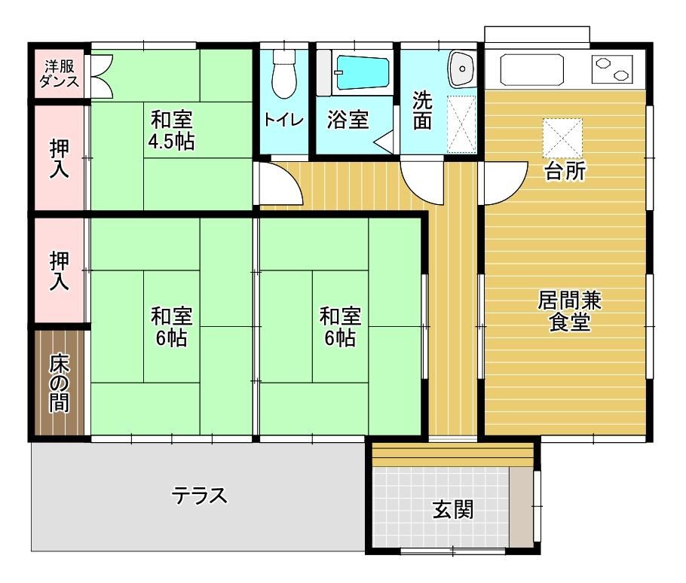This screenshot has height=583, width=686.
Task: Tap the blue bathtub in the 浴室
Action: (361, 73)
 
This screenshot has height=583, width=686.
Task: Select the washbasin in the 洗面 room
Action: (461, 69)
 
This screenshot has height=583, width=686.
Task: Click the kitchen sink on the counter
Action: (531, 69)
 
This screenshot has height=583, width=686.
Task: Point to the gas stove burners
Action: (612, 69)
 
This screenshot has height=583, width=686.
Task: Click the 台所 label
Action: (565, 171)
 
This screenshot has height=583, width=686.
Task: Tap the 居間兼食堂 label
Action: (570, 311)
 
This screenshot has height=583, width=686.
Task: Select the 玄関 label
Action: (453, 509)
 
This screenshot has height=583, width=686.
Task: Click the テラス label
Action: (200, 496)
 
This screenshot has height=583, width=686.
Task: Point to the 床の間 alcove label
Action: (59, 383)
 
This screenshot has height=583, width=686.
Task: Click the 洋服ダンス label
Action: (59, 74)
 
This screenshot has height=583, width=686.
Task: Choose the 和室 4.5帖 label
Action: (172, 130)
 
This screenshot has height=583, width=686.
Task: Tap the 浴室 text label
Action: (348, 120)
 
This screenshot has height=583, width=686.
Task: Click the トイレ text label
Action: (283, 120)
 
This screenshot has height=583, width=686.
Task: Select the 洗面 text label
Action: (422, 111)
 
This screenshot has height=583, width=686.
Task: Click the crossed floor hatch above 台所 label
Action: (562, 138)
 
